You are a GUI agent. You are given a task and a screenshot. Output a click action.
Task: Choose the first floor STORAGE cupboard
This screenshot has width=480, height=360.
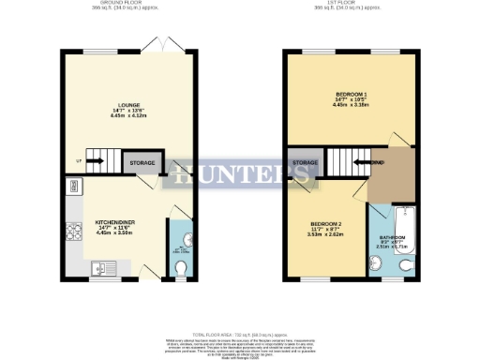pos(305,164)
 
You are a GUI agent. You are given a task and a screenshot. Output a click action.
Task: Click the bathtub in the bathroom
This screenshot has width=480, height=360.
pos(392,222)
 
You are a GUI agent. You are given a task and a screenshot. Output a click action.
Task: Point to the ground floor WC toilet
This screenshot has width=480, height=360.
pos(181,270)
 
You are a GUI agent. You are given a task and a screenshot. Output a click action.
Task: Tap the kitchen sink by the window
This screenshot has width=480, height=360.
pos(103,270)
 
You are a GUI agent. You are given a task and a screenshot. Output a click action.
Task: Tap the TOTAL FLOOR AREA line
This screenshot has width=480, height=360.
pos(240,333)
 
